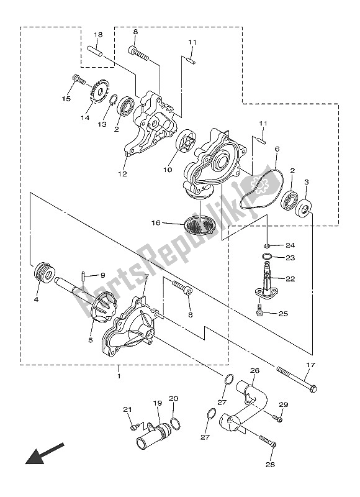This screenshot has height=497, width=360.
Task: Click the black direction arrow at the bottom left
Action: click(x=44, y=453)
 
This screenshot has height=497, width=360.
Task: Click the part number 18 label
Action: click(x=98, y=34)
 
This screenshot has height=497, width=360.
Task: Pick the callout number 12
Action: click(x=123, y=174)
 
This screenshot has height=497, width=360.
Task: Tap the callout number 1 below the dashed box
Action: click(x=119, y=376)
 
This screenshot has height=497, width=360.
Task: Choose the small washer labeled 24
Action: click(x=267, y=245)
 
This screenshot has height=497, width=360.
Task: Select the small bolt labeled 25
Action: click(x=261, y=314)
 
